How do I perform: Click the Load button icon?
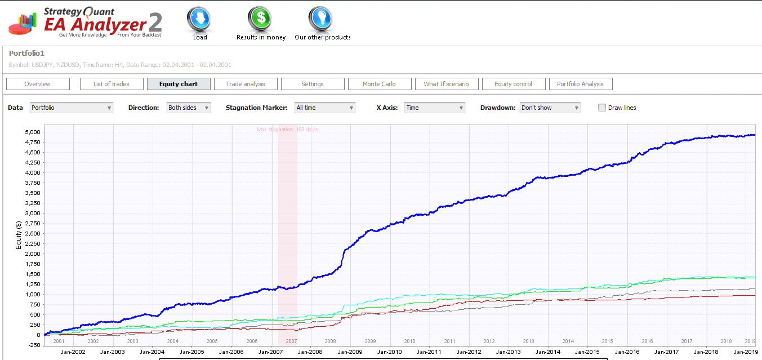199,19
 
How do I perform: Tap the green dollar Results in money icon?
260,19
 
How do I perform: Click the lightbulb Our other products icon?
320,19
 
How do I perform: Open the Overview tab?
38,84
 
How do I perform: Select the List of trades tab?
112,84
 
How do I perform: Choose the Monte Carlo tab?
380,84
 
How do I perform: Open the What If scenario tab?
447,84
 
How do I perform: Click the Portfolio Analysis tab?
581,84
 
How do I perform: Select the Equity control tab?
514,84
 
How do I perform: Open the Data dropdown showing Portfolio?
72,108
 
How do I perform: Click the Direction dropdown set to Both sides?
189,108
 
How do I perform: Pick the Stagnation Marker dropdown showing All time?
325,108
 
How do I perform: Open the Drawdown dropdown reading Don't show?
550,108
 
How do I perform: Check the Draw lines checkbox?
602,108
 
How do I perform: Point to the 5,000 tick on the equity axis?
32,132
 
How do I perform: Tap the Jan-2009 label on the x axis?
350,352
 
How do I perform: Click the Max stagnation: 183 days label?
287,130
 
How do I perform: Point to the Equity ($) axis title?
19,235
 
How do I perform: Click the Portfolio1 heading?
26,53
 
